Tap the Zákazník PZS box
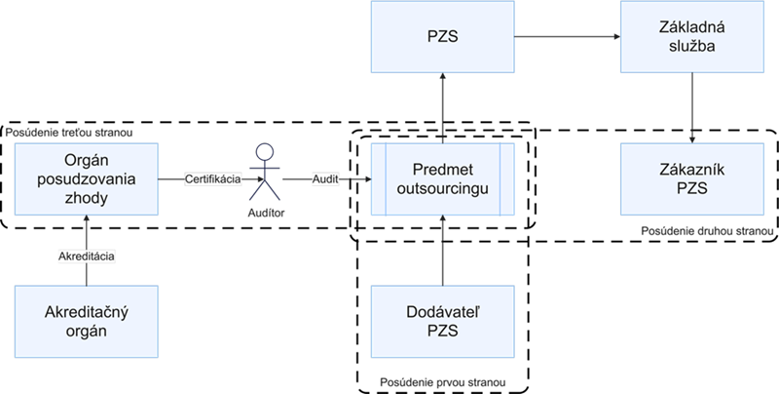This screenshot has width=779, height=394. (x=692, y=178)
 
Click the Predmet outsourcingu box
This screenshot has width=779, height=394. (x=443, y=178)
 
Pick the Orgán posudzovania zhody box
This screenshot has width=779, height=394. (x=87, y=178)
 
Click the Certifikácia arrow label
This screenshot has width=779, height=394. (x=213, y=179)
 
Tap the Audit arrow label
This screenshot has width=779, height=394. (x=325, y=179)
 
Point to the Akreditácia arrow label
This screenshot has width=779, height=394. (x=87, y=256)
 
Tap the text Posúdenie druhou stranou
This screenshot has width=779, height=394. (x=707, y=232)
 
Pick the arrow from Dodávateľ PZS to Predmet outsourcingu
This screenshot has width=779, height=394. (x=443, y=250)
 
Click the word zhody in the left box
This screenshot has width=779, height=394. (x=87, y=197)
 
